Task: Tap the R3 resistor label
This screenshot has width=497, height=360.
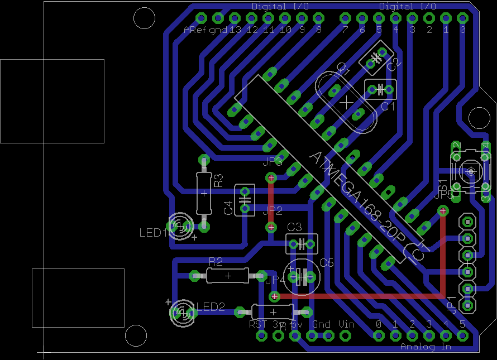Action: click(219, 180)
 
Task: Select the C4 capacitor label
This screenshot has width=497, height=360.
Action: click(228, 208)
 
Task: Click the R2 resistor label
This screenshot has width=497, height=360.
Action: click(216, 261)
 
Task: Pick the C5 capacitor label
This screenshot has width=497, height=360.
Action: click(326, 263)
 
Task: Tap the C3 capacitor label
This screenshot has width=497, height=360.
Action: click(294, 227)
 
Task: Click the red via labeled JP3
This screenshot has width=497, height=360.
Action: click(271, 178)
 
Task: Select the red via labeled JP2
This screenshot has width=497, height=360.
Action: click(271, 227)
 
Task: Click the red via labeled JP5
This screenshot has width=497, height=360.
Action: click(443, 210)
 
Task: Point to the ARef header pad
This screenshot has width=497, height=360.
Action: click(202, 18)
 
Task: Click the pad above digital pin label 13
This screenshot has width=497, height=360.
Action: click(235, 18)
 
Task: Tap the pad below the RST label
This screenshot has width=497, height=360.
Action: click(261, 335)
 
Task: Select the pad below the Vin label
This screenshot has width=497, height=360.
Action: click(346, 335)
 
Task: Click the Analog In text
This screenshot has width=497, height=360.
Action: click(426, 347)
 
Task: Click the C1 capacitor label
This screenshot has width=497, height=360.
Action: click(388, 105)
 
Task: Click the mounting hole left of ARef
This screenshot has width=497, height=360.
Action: click(145, 18)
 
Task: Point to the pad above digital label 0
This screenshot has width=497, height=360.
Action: click(462, 18)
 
